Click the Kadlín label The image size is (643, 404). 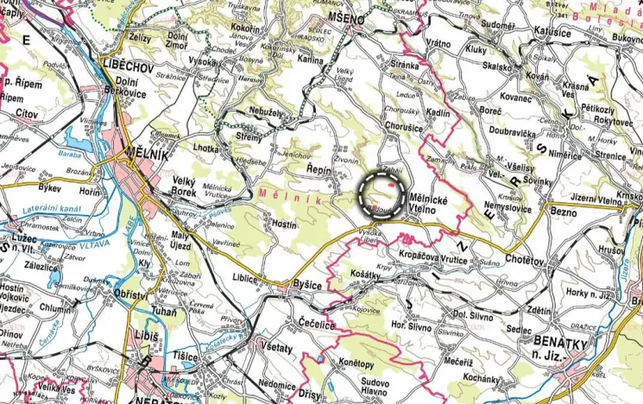(438, 114)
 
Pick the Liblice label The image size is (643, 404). (246, 278)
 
